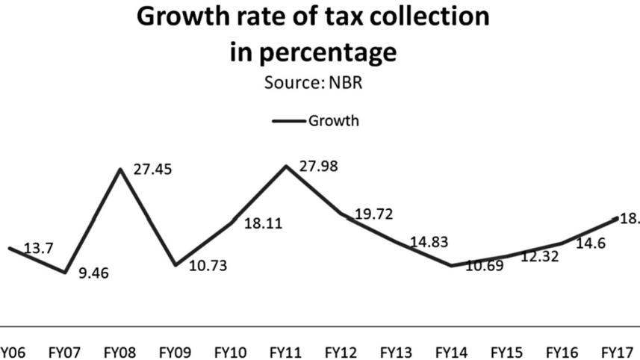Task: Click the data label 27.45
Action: coord(152,170)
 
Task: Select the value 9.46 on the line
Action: coord(94,273)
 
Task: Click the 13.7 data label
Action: coord(38,249)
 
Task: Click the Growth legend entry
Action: coord(315,120)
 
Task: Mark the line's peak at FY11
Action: coord(286,166)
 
